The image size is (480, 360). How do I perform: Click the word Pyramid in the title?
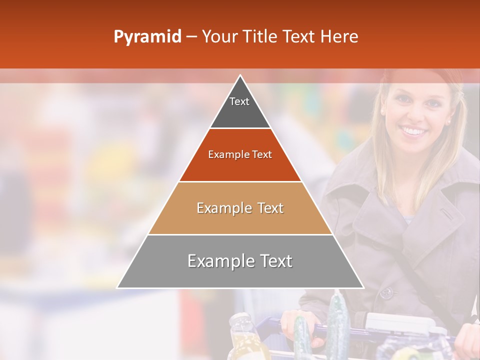pyautogui.click(x=147, y=37)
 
